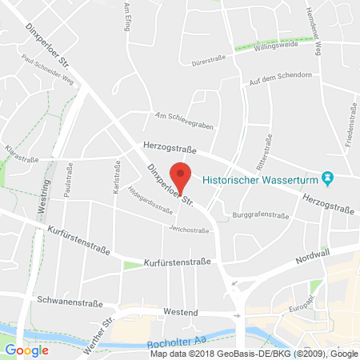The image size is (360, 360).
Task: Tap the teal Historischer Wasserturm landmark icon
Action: click(326, 177)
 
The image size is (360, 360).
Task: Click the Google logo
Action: click(26, 350)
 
